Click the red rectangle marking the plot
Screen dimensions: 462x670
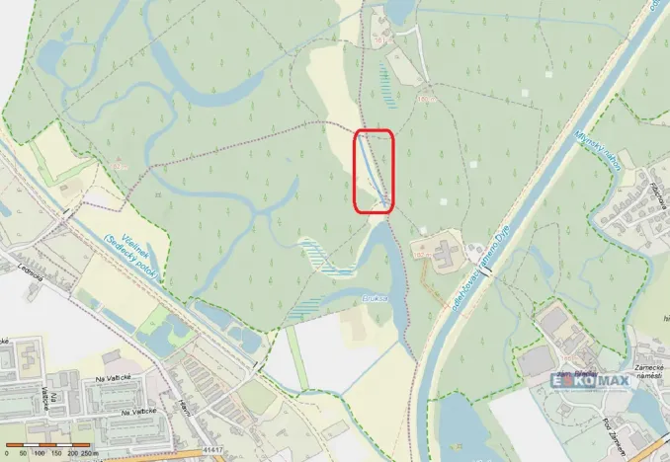point(374,171)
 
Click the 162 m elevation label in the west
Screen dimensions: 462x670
point(120,168)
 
